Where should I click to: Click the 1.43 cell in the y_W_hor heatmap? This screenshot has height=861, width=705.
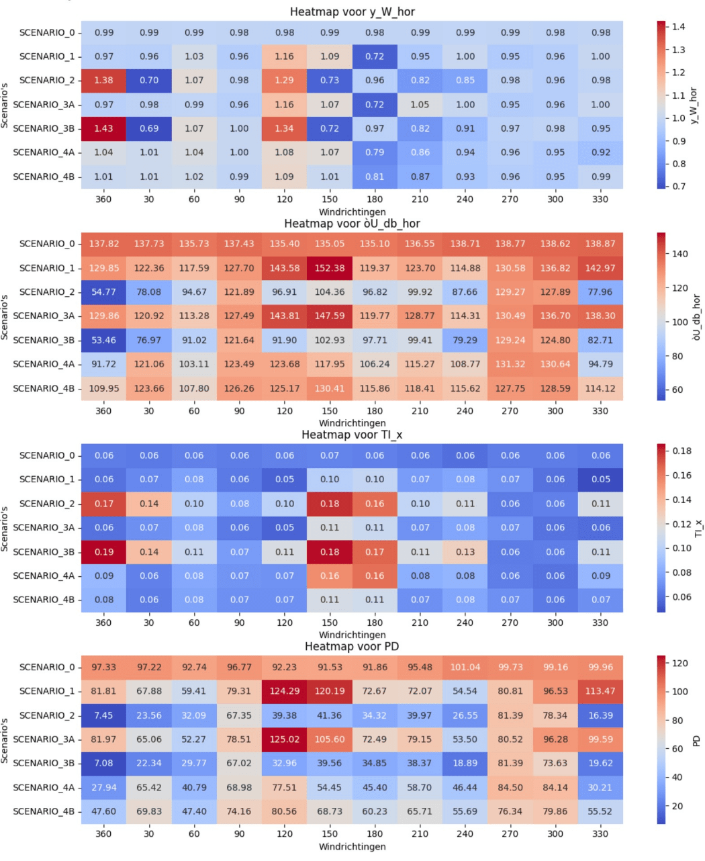pyautogui.click(x=103, y=128)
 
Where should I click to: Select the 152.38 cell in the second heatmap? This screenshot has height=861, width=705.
pyautogui.click(x=330, y=268)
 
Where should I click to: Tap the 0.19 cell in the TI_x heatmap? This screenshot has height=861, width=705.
pyautogui.click(x=103, y=551)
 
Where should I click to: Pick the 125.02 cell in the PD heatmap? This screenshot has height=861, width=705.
pyautogui.click(x=284, y=739)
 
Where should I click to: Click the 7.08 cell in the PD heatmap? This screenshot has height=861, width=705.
pyautogui.click(x=103, y=763)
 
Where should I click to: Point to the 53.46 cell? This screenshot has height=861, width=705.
pyautogui.click(x=103, y=340)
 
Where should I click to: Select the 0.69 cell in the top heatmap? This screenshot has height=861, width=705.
pyautogui.click(x=149, y=128)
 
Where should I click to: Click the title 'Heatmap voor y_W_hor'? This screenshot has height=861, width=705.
pyautogui.click(x=352, y=12)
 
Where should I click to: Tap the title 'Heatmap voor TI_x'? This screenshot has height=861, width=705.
pyautogui.click(x=352, y=435)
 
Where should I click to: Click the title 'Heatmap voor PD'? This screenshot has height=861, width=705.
pyautogui.click(x=352, y=646)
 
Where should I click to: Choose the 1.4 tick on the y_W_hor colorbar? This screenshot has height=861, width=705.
pyautogui.click(x=678, y=27)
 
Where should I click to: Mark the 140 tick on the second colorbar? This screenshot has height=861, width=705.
pyautogui.click(x=679, y=254)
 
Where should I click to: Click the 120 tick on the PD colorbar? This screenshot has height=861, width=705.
pyautogui.click(x=679, y=663)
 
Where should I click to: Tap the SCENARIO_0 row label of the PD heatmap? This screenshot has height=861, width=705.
pyautogui.click(x=47, y=667)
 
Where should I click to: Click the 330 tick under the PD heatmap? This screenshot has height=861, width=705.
pyautogui.click(x=600, y=833)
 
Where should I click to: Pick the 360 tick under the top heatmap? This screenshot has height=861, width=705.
pyautogui.click(x=103, y=199)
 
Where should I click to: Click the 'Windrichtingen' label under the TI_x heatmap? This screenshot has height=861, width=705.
pyautogui.click(x=352, y=635)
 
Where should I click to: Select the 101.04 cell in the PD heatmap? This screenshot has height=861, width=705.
pyautogui.click(x=465, y=667)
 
